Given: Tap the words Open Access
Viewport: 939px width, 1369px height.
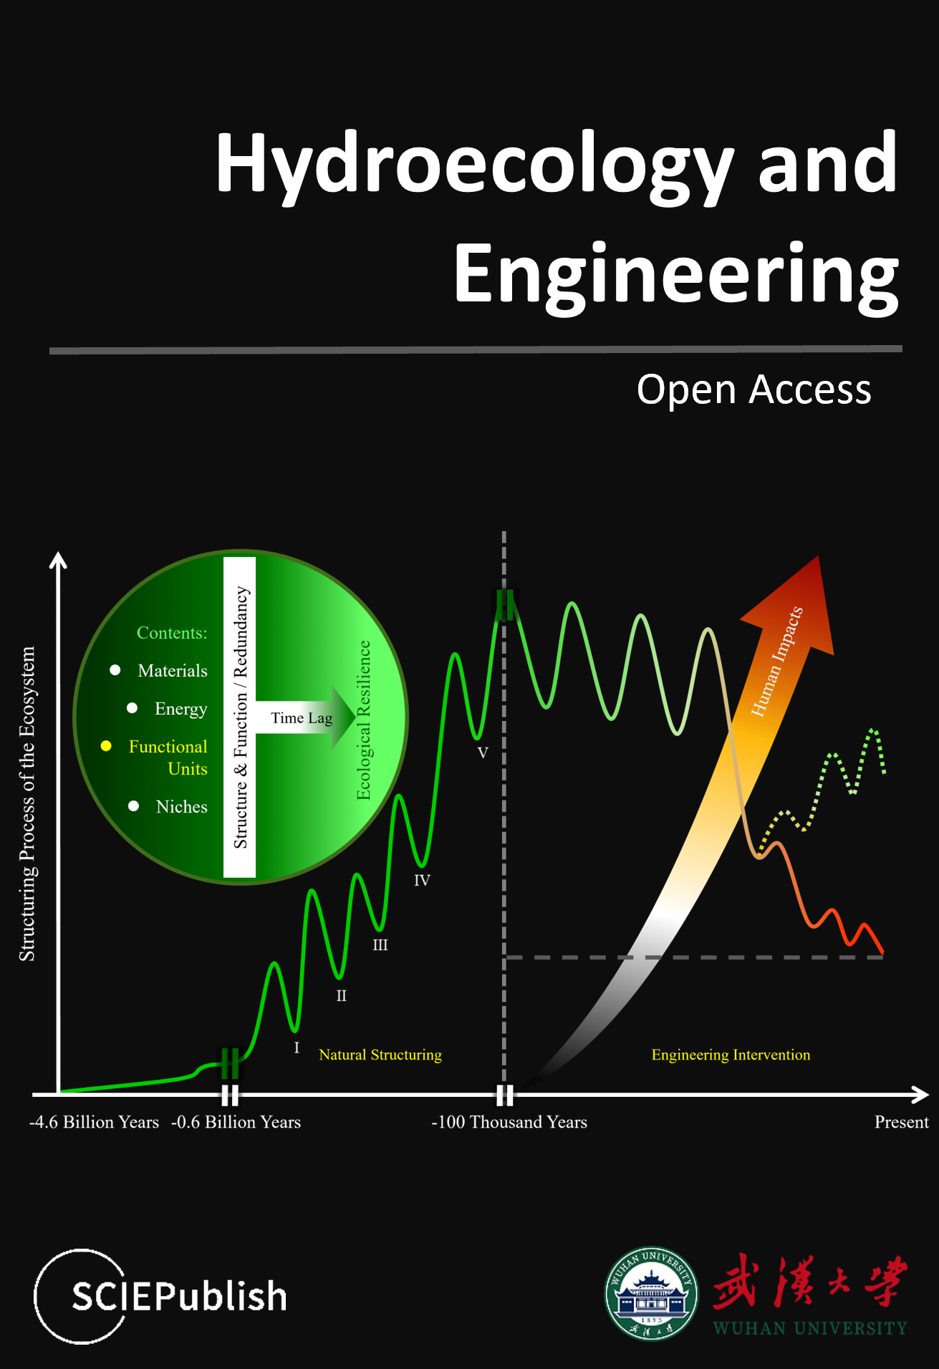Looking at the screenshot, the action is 754,390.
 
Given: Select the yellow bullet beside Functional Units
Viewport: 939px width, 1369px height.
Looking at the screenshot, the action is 106,746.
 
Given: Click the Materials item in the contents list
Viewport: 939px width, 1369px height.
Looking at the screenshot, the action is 173,671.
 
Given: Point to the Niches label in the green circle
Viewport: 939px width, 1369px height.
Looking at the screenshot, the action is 182,807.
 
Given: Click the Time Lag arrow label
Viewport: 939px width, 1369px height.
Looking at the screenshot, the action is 302,717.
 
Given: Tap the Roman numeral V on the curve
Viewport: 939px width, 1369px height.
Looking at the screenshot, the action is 483,753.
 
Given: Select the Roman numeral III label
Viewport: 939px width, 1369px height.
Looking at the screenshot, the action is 380,945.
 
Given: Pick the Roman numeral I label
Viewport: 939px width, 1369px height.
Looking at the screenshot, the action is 297,1048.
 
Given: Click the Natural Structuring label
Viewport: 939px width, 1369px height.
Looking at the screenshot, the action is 380,1055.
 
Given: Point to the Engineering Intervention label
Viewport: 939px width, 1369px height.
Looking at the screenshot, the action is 731,1055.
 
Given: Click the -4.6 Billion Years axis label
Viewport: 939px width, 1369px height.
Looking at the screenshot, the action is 94,1122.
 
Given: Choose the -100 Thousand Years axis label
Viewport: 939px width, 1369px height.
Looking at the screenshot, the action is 509,1122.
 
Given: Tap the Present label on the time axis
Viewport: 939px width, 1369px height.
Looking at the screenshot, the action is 901,1122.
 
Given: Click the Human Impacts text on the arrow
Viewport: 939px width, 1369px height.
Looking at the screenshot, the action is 777,662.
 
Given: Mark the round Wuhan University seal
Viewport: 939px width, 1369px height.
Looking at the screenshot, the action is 651,1293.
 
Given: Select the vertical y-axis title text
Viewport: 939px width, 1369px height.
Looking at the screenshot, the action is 27,803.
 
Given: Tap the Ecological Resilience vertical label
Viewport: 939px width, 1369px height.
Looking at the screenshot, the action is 364,720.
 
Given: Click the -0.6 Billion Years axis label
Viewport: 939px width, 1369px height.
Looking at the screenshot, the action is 236,1122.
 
